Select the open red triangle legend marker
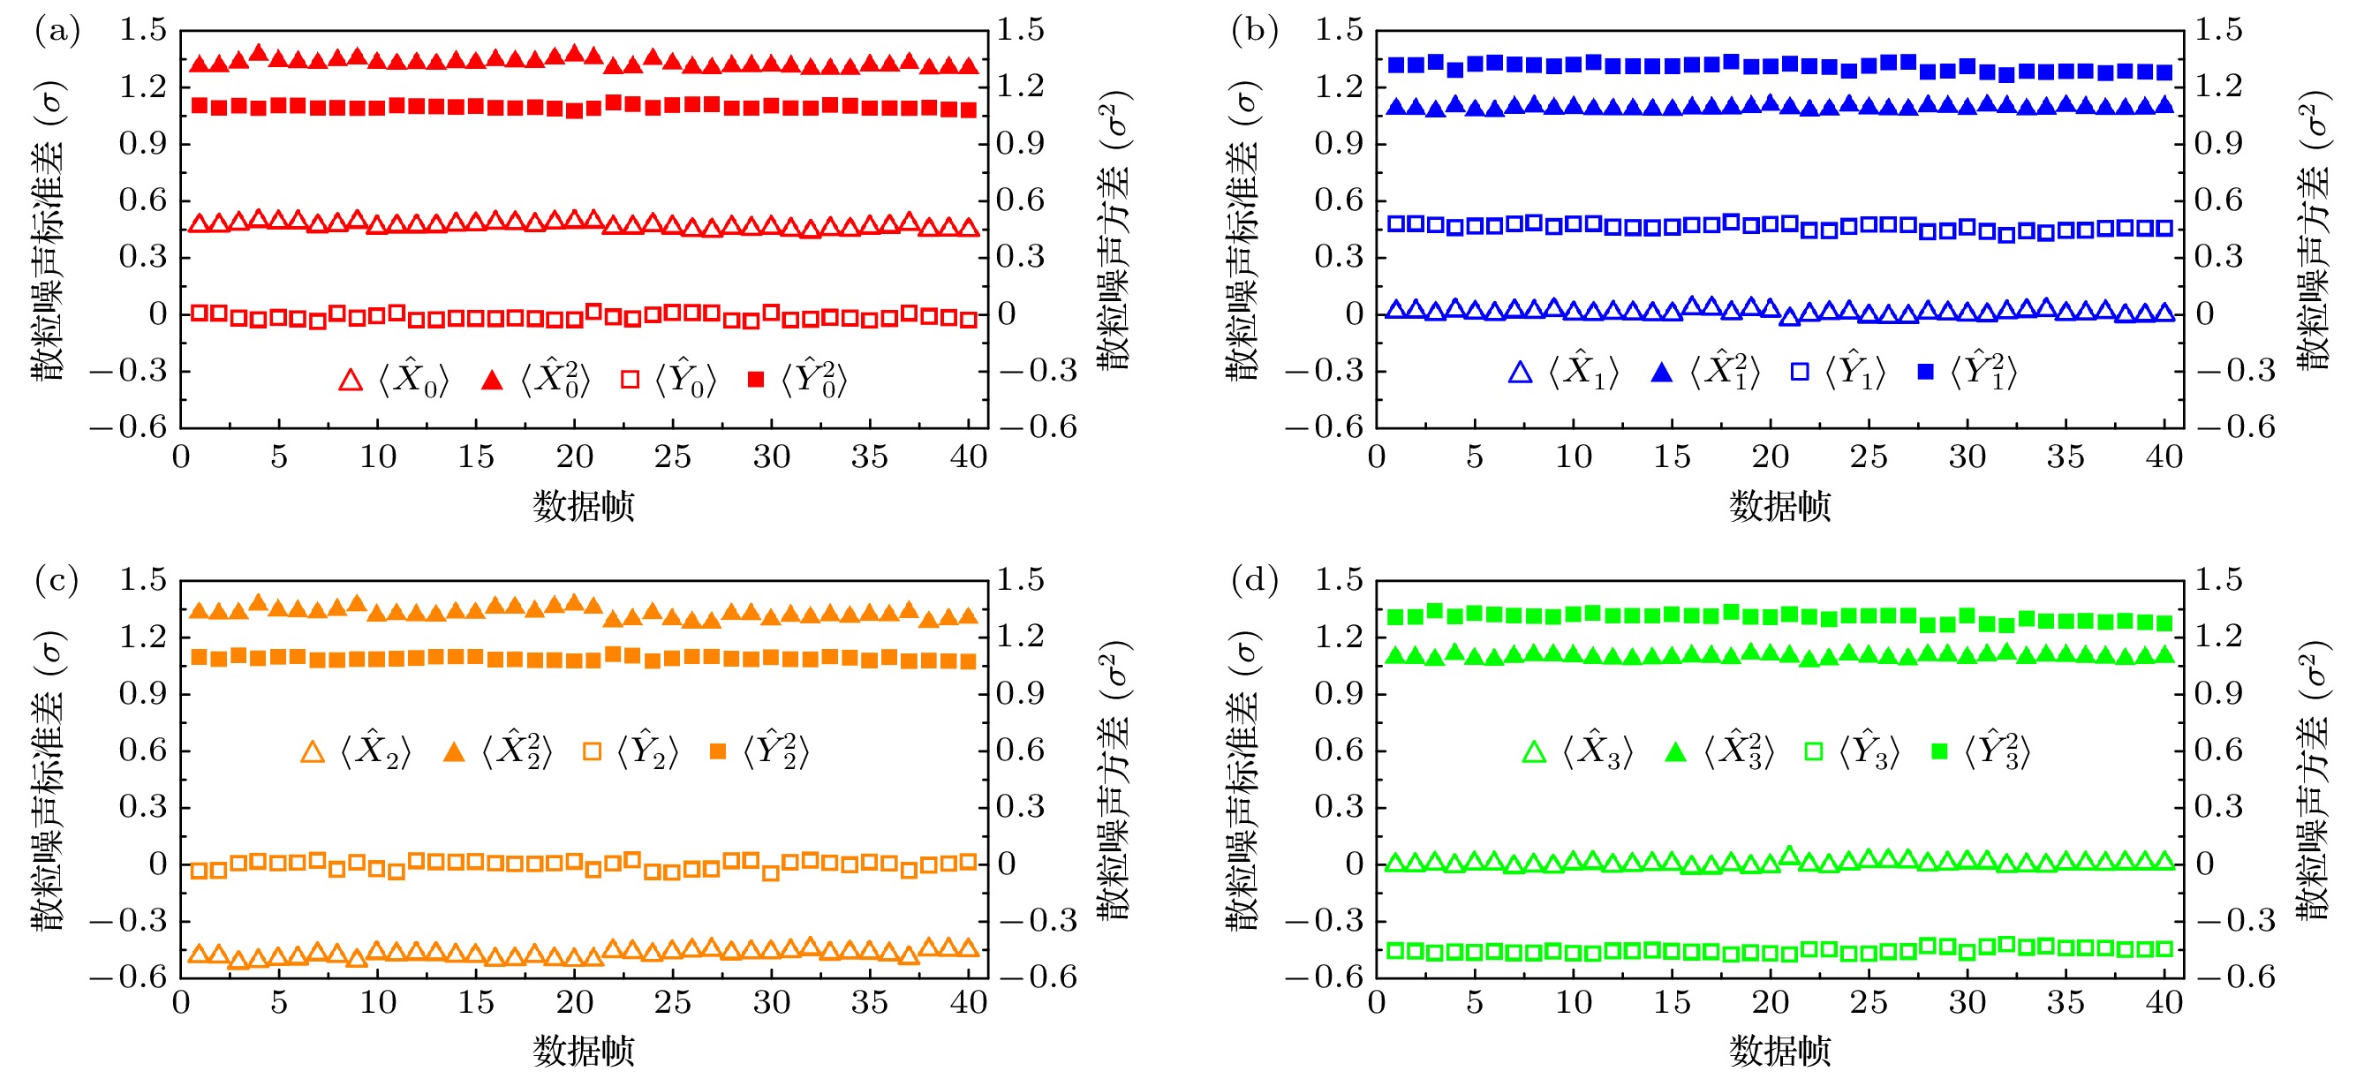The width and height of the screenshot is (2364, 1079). click(351, 380)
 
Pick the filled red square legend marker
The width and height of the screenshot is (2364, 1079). click(756, 379)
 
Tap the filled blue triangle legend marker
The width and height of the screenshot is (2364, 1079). click(1661, 373)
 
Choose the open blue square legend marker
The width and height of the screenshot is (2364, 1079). click(1800, 372)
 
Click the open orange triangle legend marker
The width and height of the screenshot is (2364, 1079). click(313, 751)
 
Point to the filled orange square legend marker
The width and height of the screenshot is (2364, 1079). click(719, 751)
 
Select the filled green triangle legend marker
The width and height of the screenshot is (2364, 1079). click(1675, 752)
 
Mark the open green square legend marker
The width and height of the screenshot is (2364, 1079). click(1813, 751)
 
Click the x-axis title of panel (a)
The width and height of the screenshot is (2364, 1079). click(584, 506)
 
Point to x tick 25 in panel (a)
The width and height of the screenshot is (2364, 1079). click(673, 456)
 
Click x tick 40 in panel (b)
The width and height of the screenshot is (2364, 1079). click(2164, 456)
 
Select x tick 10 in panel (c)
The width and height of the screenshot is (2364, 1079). click(377, 1003)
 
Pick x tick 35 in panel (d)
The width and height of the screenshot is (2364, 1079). click(2066, 1003)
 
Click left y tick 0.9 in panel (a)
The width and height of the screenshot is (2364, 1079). click(143, 143)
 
